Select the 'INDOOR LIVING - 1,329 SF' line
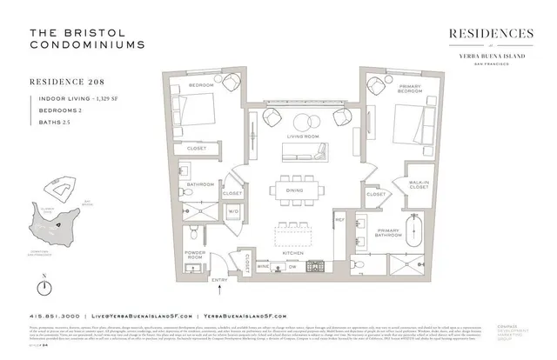[x=81, y=100]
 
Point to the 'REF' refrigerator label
[x=341, y=220]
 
